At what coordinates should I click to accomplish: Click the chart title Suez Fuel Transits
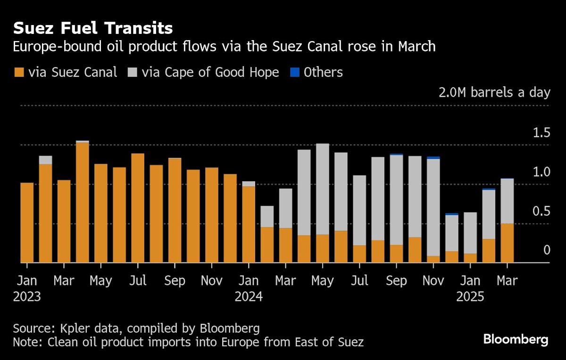pos(92,28)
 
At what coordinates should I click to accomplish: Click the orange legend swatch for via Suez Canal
pos(18,72)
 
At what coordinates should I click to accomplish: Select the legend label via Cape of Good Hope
pos(210,72)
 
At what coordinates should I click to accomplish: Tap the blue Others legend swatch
pos(294,72)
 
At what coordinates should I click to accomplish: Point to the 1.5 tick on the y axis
pos(541,133)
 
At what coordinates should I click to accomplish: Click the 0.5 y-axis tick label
pos(541,211)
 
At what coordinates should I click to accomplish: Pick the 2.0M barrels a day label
pos(494,92)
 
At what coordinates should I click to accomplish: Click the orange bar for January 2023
pos(27,222)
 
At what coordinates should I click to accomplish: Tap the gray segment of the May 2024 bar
pos(323,189)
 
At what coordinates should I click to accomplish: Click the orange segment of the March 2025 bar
pos(507,243)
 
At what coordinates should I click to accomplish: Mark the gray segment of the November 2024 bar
pos(433,208)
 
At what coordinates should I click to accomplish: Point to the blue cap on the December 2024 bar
pos(452,214)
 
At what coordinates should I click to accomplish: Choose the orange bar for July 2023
pos(138,208)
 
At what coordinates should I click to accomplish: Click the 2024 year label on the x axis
pos(249,297)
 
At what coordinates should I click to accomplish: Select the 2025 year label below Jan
pos(470,297)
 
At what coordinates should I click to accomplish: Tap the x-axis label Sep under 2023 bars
pos(175,281)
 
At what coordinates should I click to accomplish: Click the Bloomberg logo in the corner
pos(516,339)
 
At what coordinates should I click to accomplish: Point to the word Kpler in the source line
pos(72,328)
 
